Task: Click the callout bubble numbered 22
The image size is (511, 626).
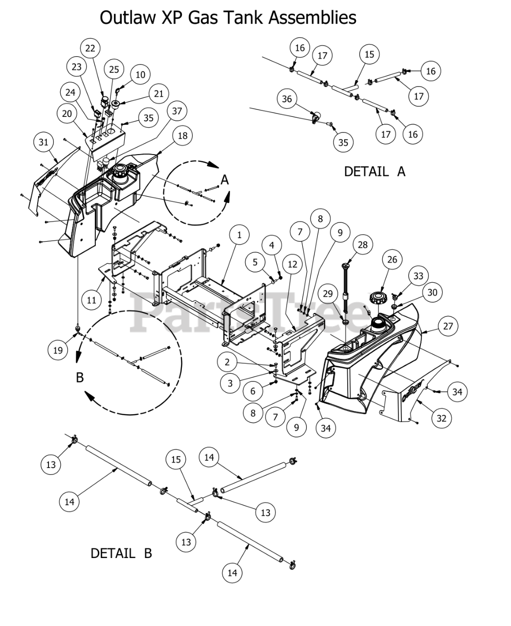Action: point(90,48)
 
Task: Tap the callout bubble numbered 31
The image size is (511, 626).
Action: point(44,142)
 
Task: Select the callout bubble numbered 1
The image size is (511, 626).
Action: point(239,235)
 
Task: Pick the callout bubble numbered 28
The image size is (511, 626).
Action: point(362,245)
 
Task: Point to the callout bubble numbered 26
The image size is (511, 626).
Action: point(393,260)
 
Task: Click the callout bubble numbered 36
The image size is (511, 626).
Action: point(287,99)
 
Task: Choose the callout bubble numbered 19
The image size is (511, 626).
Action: point(58,350)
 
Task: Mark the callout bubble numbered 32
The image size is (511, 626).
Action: point(442,418)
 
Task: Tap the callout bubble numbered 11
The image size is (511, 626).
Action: point(91,300)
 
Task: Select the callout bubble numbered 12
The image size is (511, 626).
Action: point(292,264)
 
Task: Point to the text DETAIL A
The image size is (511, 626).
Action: point(375,172)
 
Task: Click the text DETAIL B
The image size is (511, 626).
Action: point(121,553)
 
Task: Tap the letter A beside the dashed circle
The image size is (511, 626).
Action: point(224,180)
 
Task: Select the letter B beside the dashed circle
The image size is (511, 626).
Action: point(80,378)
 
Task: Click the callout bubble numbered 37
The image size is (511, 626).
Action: point(177,111)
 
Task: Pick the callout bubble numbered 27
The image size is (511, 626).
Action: point(448,326)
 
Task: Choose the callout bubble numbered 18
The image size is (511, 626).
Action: point(182,135)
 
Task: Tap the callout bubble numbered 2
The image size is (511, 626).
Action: point(227,362)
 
